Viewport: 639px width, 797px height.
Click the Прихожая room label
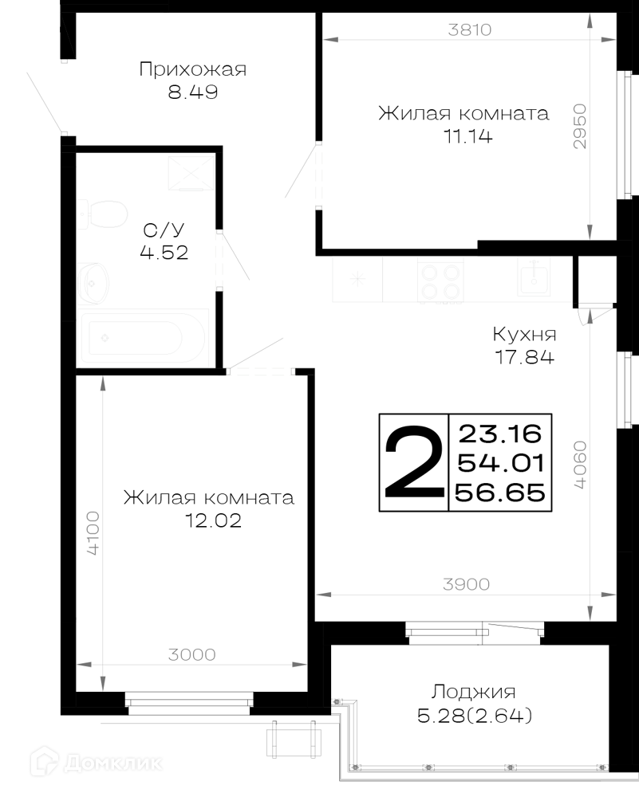(193, 69)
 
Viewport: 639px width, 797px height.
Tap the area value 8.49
(193, 92)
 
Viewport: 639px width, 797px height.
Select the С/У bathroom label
(164, 230)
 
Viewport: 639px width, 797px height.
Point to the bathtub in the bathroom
(144, 337)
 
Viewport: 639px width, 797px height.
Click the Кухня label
(524, 334)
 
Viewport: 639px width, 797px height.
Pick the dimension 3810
(470, 30)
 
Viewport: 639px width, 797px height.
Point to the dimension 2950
(579, 127)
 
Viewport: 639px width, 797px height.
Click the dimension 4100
(93, 532)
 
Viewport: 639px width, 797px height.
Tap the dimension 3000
(191, 654)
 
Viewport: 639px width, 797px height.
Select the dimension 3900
(466, 584)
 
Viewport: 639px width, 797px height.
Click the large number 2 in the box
(414, 461)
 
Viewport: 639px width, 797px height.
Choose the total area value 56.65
(500, 493)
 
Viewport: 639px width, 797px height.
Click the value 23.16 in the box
(500, 434)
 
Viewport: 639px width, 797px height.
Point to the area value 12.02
(213, 520)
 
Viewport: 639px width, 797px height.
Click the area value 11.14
(468, 136)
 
